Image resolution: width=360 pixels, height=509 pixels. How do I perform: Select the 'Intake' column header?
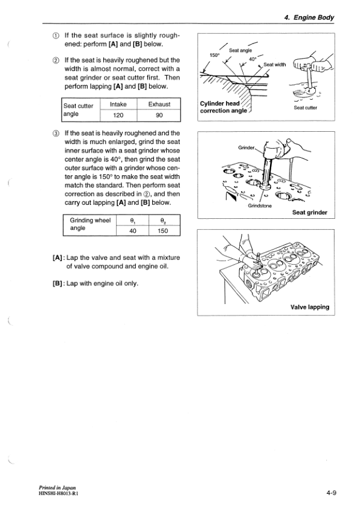(118, 104)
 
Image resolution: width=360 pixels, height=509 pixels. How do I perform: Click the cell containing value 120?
(118, 115)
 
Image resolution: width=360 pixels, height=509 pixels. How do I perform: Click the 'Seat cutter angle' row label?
(80, 109)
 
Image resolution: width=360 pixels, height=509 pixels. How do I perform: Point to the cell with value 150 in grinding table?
(162, 230)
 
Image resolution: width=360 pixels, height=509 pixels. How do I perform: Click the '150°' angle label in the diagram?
(214, 55)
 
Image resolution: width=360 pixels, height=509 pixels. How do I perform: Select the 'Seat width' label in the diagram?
(275, 65)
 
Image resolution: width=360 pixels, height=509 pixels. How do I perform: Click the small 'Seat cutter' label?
(305, 109)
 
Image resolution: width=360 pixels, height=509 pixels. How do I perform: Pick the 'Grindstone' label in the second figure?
(260, 206)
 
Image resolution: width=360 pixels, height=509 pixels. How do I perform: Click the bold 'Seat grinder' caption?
(309, 212)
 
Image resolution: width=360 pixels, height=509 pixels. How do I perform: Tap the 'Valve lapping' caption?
(309, 306)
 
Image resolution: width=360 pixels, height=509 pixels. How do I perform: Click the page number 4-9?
(330, 493)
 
